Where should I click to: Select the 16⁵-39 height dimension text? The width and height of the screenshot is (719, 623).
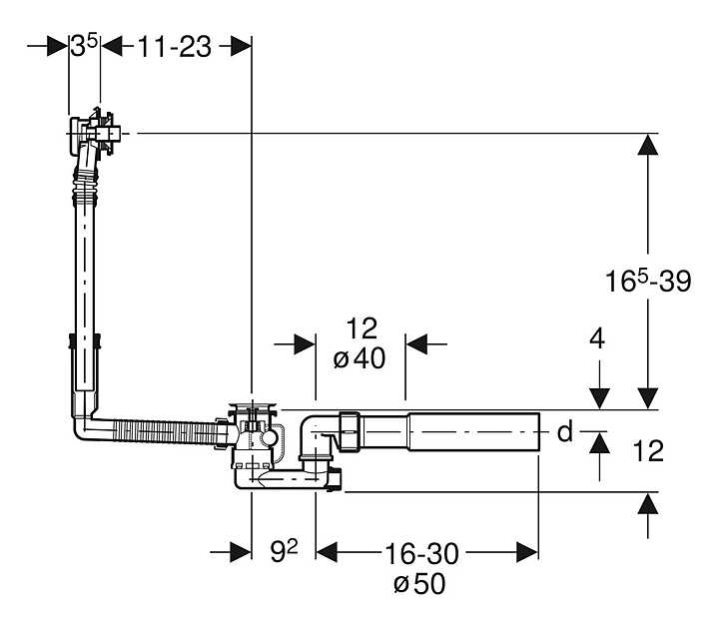[648, 283]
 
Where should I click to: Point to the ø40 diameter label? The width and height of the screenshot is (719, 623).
[359, 359]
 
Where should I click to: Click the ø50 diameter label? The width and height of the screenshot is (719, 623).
[420, 584]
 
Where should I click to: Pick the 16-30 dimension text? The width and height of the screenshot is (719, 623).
[421, 552]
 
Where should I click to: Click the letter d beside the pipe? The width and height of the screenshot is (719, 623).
[564, 432]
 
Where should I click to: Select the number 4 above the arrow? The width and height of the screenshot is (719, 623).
[597, 338]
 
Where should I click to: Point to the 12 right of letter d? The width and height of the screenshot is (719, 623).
[648, 452]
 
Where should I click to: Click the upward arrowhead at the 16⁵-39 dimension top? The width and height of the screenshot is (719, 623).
[649, 145]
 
